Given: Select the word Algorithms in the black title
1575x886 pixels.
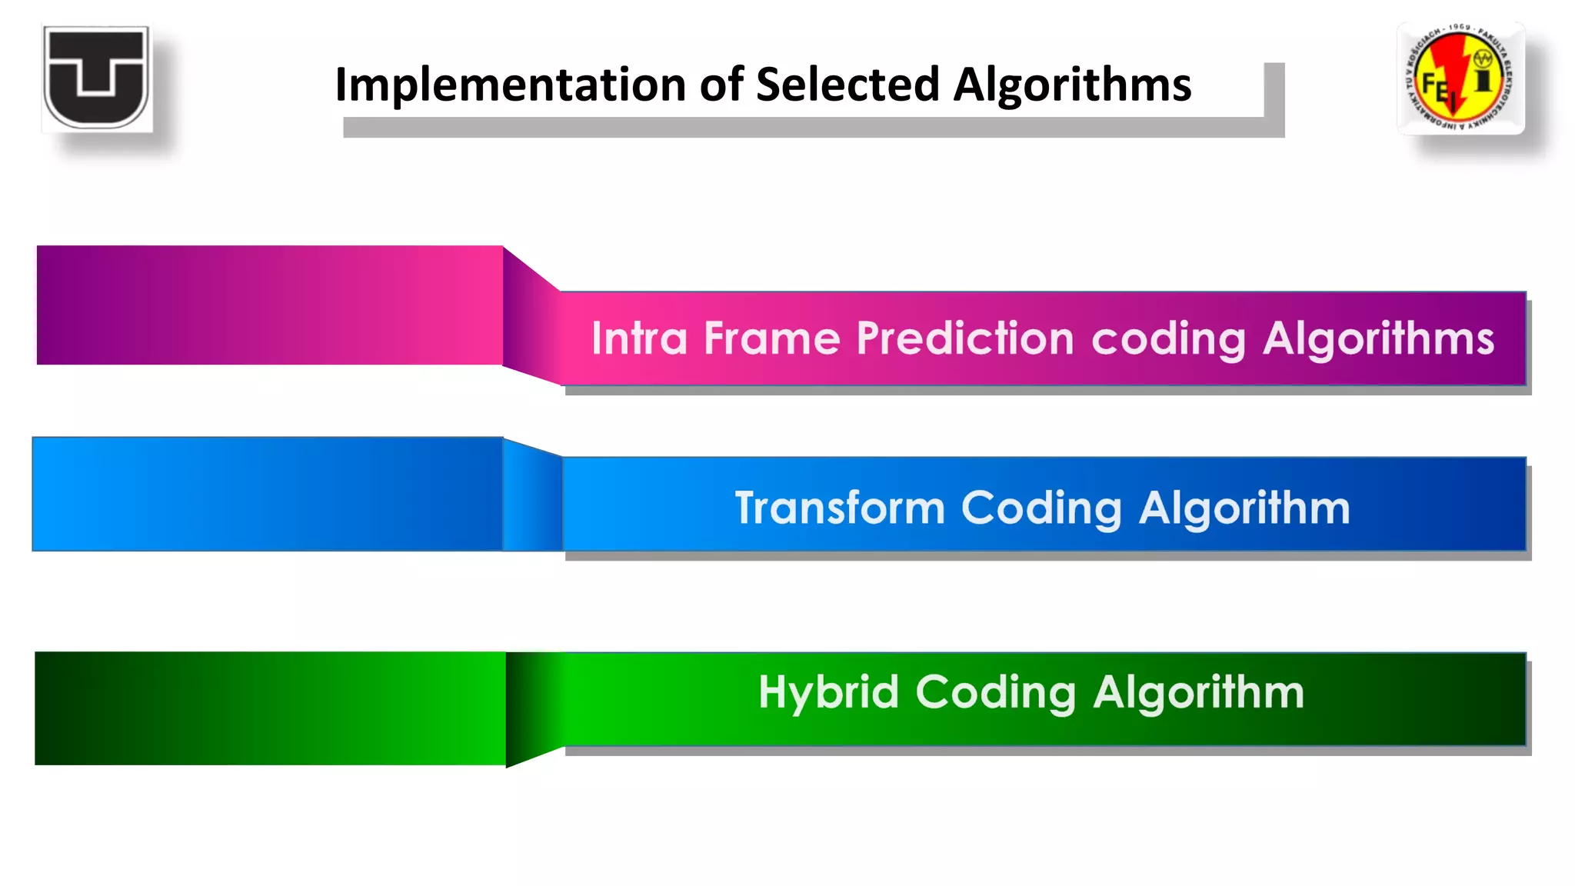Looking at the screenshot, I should [x=1072, y=85].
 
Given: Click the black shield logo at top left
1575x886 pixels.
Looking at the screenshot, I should [x=97, y=78].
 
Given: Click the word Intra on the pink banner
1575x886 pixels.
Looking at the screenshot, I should [x=638, y=339].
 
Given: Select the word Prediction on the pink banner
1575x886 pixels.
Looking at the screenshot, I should [x=964, y=339].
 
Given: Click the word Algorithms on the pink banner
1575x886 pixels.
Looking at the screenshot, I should [x=1378, y=339].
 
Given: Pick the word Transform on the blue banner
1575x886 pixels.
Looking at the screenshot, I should [x=839, y=508].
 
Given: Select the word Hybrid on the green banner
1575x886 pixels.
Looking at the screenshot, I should [x=828, y=692].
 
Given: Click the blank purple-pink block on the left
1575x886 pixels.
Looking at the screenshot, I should [x=269, y=305].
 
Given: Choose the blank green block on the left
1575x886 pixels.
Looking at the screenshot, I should [x=269, y=708].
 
